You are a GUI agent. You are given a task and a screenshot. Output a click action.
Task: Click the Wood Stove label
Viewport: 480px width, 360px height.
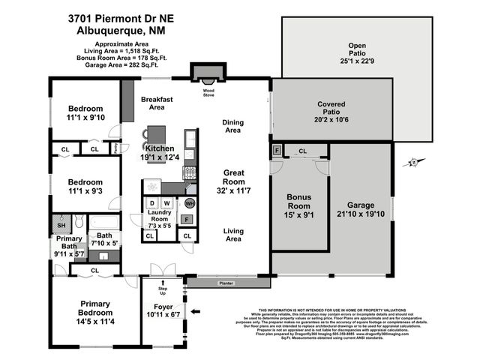[208, 92]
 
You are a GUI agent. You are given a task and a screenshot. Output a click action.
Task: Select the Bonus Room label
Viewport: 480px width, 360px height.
[298, 201]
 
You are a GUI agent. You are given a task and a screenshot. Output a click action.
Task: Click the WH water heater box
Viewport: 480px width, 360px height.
[190, 203]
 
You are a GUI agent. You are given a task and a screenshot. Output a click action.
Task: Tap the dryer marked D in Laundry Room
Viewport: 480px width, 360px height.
[151, 203]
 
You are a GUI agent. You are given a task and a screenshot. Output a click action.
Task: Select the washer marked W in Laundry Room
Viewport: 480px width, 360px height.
[166, 203]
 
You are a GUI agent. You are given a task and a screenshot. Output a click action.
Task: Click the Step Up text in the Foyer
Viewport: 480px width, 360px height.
[162, 289]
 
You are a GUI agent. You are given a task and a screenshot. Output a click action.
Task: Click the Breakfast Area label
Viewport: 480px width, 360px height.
[157, 103]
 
